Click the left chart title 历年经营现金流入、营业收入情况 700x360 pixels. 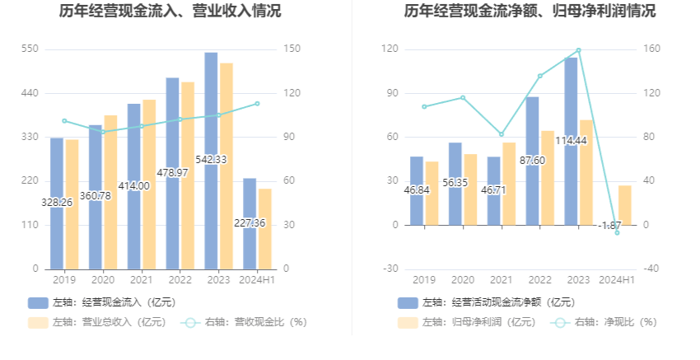click(x=170, y=12)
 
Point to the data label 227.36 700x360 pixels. click(x=249, y=222)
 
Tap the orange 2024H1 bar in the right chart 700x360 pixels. click(x=625, y=205)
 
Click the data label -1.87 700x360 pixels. click(x=609, y=225)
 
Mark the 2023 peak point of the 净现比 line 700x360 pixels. click(x=579, y=50)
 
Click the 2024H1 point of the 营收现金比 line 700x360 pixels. click(x=257, y=104)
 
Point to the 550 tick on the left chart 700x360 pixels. click(x=30, y=49)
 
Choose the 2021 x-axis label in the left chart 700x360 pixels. click(x=142, y=280)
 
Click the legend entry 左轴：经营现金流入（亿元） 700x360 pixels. click(x=100, y=302)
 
